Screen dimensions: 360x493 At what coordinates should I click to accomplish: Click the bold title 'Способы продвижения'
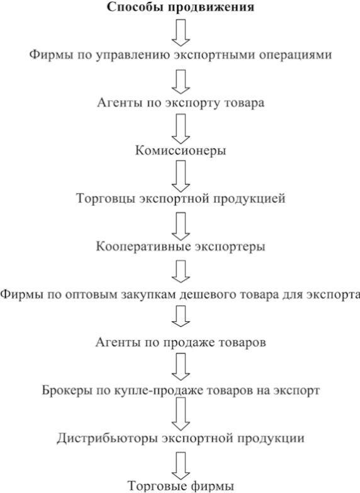click(x=181, y=8)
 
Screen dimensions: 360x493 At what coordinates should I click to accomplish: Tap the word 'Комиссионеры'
click(x=181, y=150)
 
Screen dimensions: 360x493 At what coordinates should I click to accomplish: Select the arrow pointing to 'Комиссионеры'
click(x=181, y=129)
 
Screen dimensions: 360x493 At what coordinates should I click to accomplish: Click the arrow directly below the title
click(x=181, y=33)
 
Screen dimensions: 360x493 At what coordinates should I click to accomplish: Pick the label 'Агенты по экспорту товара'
click(x=181, y=103)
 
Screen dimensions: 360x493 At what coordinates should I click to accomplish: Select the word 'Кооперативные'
click(x=143, y=246)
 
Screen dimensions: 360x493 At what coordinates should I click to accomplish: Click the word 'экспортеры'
click(x=230, y=247)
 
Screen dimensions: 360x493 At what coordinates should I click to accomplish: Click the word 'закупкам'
click(x=147, y=295)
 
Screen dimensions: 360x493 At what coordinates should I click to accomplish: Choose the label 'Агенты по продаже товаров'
click(x=181, y=343)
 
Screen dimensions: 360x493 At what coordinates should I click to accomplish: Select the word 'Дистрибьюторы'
click(x=107, y=438)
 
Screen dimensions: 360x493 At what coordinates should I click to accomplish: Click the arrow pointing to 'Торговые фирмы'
click(x=181, y=466)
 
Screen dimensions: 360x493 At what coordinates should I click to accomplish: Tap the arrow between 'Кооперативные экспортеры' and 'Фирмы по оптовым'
click(x=181, y=271)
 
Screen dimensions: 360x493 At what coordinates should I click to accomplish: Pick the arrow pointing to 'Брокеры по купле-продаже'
click(x=181, y=366)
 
